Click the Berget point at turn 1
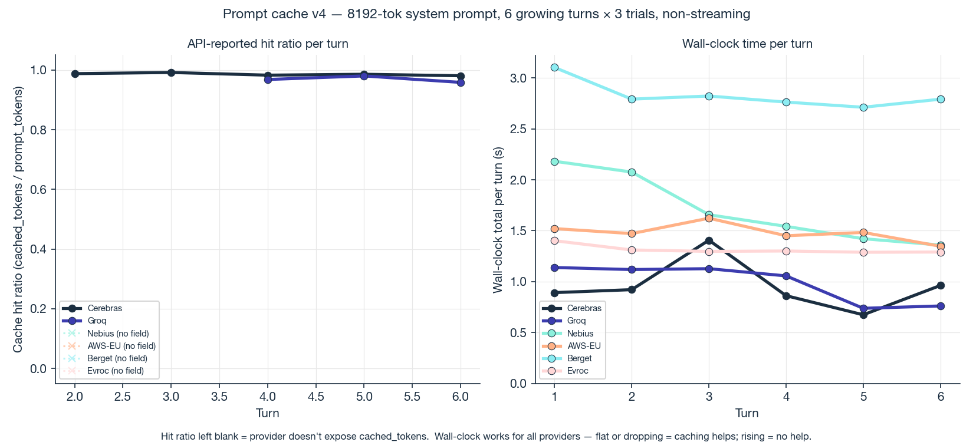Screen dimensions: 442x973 (x=554, y=67)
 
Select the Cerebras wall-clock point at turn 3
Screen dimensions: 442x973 (x=709, y=240)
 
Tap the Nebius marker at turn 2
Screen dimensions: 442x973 (x=632, y=172)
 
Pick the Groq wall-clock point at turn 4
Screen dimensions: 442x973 (x=786, y=276)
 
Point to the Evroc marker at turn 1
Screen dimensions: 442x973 (x=554, y=240)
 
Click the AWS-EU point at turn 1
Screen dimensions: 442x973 (x=554, y=229)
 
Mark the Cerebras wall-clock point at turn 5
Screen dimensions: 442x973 (x=863, y=315)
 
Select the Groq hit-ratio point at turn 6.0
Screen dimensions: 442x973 (x=461, y=83)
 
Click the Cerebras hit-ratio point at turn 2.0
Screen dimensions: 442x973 (x=75, y=74)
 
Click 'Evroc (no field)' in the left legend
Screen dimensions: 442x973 (x=115, y=371)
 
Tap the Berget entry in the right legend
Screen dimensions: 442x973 (x=579, y=358)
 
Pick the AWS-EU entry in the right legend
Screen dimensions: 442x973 (x=583, y=346)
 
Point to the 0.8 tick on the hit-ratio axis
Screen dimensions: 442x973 (x=39, y=130)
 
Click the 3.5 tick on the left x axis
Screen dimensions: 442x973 (x=219, y=397)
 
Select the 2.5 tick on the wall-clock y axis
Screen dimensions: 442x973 (x=518, y=129)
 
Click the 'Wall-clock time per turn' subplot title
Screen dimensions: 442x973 (x=747, y=44)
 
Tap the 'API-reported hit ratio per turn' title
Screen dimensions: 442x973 (x=268, y=44)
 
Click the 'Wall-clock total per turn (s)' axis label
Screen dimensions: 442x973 (x=498, y=219)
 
